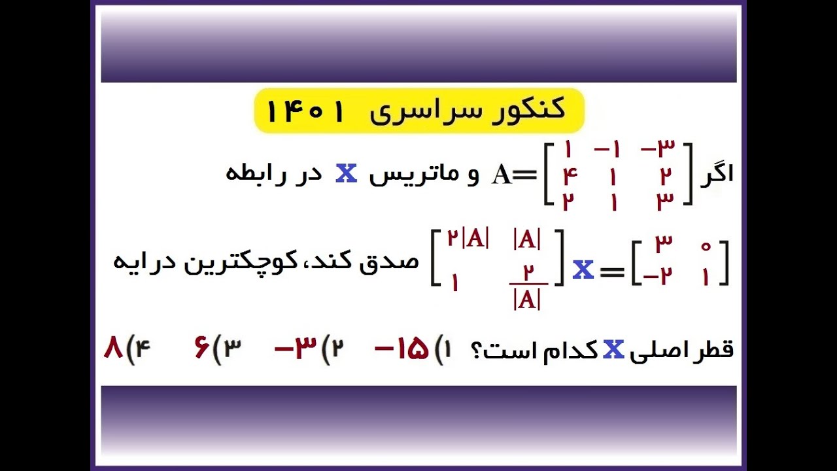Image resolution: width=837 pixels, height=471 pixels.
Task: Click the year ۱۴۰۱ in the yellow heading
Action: click(305, 112)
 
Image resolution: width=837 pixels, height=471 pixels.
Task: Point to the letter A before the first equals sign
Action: click(502, 175)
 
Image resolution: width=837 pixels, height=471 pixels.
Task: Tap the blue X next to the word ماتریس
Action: click(346, 174)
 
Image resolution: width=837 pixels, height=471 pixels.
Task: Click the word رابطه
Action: click(258, 175)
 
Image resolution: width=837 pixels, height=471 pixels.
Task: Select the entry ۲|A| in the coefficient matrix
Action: click(468, 239)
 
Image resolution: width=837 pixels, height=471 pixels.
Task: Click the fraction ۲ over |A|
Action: click(526, 286)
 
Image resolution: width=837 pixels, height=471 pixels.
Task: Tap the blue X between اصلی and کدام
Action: click(613, 350)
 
